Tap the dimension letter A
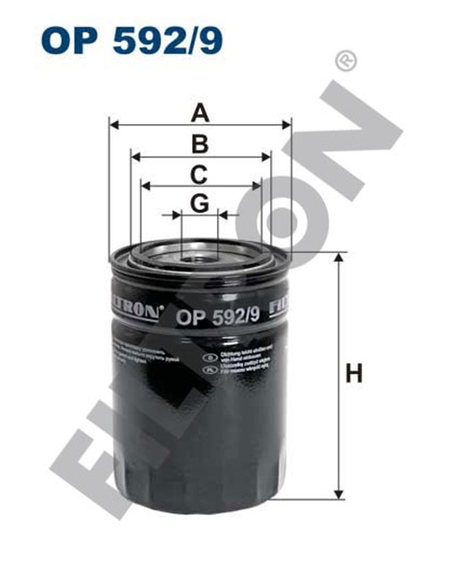click(x=200, y=114)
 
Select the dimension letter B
click(x=200, y=144)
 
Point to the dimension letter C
click(x=200, y=173)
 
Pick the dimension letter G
click(x=200, y=204)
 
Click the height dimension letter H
click(x=355, y=374)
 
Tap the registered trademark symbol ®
click(x=342, y=61)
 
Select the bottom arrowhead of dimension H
click(x=339, y=494)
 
